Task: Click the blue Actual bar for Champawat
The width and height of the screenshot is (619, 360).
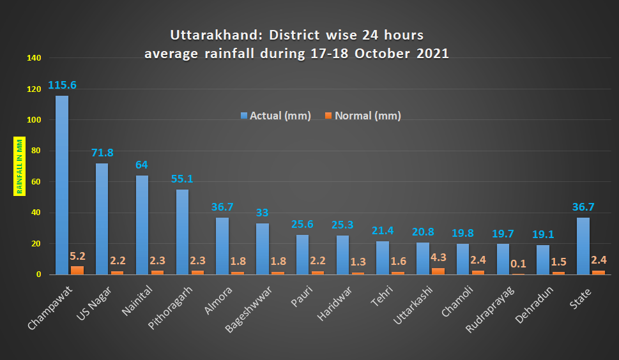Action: pos(62,185)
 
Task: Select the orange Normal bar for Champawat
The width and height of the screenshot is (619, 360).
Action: pos(77,271)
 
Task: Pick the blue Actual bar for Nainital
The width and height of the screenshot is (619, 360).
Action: pos(142,225)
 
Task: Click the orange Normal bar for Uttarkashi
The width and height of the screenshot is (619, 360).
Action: pos(439,271)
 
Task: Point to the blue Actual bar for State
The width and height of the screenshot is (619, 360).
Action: pos(583,246)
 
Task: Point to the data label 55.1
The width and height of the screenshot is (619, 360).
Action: pos(182,179)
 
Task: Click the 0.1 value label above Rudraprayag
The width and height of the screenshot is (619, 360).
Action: pos(519,263)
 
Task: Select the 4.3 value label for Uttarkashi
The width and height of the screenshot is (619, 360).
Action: pos(438,257)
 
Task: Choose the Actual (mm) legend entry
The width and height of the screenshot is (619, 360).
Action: pos(275,116)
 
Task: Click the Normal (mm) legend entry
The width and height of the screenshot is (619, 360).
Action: pos(363,116)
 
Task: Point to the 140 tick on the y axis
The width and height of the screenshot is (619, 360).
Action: pos(34,58)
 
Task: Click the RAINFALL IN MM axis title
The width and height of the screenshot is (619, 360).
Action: pos(19,165)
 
